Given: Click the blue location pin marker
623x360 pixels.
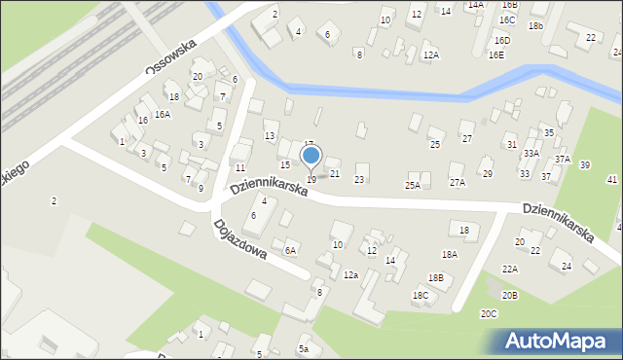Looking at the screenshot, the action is pos(311,156).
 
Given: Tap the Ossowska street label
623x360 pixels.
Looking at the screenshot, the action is pos(171,56).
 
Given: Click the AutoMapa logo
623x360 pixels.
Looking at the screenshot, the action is pos(553,341).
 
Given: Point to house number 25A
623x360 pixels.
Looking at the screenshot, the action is pos(413,185).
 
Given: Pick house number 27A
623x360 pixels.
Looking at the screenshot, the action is pos(457,182).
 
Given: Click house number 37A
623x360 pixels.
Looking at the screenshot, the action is pos(563,159).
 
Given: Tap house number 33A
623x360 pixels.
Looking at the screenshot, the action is pos(531,153).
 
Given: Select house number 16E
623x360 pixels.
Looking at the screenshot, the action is pos(496,55).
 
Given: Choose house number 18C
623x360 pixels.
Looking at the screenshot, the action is pos(421,295).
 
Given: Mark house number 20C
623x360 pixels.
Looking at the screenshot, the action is pos(489,313).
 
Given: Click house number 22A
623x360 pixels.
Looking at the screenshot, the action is pos(510,269).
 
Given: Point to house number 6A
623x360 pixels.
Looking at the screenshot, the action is pos(290,250).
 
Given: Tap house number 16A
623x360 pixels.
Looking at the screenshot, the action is pos(163,114).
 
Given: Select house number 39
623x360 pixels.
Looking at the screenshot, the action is pos(585,165).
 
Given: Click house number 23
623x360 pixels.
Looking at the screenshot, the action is pos(359,180).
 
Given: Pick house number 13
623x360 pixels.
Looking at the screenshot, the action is pos(270,135).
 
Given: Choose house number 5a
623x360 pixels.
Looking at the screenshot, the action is pos(304,349).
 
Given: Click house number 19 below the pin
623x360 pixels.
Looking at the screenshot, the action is pos(311,179).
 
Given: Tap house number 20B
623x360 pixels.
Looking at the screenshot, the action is pos(509,295).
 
